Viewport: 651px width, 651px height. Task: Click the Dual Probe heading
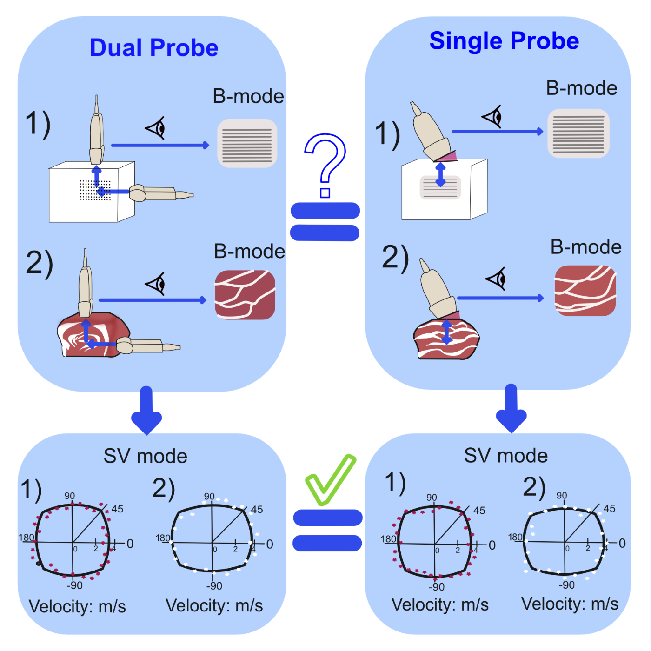click(154, 47)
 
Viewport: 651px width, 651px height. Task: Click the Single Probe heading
click(504, 41)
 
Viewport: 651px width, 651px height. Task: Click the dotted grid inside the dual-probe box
click(95, 190)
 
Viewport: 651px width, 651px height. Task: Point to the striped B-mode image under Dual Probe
click(247, 143)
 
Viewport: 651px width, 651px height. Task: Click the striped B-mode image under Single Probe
click(578, 133)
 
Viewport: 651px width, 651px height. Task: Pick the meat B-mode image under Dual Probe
click(245, 295)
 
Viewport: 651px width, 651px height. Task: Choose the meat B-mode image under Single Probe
click(585, 291)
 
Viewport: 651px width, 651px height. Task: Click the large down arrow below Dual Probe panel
click(146, 410)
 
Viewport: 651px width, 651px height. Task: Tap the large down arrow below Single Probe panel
click(511, 408)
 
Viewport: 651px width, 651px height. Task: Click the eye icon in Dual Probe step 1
click(155, 128)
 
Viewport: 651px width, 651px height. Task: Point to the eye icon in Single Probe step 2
click(496, 279)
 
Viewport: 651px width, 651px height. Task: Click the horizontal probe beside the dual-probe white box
click(161, 193)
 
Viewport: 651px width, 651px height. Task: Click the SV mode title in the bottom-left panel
click(145, 456)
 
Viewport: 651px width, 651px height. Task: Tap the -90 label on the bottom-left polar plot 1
click(74, 585)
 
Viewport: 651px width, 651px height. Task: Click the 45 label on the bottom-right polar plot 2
click(610, 508)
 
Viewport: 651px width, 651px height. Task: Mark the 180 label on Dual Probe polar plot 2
click(163, 538)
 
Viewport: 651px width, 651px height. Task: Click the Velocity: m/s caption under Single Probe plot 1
click(440, 604)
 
